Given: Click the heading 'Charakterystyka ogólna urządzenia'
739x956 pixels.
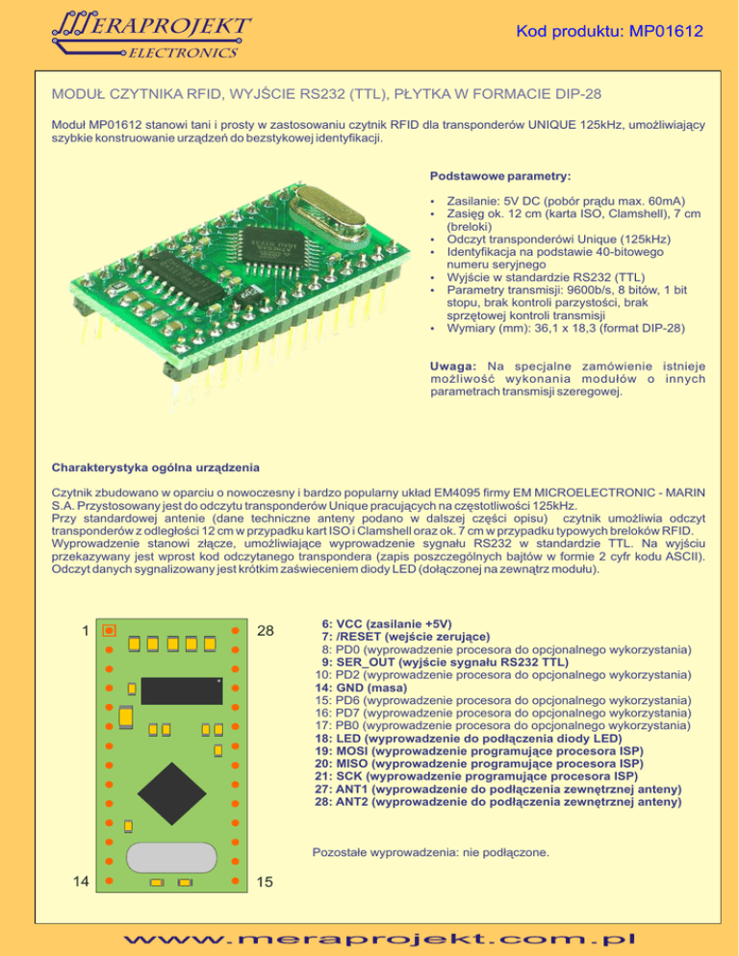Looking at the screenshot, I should click(154, 468).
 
